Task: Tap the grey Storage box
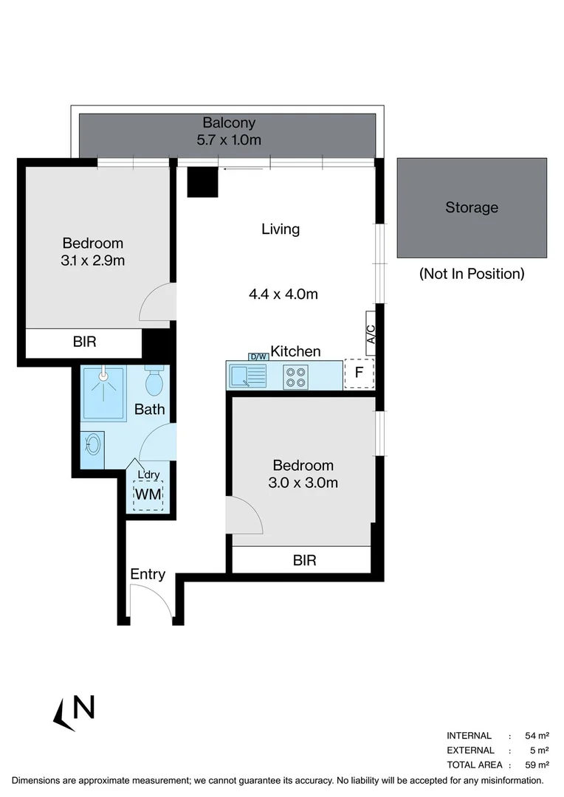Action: (x=472, y=207)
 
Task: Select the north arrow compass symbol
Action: (x=75, y=711)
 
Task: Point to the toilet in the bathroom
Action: (x=154, y=381)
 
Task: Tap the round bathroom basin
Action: (x=92, y=444)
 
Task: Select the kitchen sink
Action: (x=247, y=376)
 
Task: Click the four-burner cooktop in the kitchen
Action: (x=295, y=376)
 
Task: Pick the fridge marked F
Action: (x=359, y=373)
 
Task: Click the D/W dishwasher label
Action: (x=258, y=356)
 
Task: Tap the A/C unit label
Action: (x=371, y=334)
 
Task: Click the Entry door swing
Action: (x=151, y=601)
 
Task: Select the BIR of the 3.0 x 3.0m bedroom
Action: (x=304, y=560)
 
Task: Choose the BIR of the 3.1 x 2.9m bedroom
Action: (x=84, y=342)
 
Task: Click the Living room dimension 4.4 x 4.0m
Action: (x=283, y=294)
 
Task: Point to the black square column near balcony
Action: (x=202, y=182)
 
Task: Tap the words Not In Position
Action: (x=472, y=274)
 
